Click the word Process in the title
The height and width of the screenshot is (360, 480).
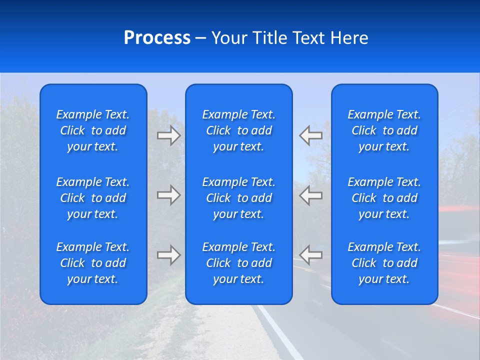(157, 38)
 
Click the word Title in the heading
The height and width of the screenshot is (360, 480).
(268, 38)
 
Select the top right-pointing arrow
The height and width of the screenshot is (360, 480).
(168, 135)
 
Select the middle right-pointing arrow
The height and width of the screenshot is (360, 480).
(168, 195)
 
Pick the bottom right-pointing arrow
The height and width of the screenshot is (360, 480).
(168, 255)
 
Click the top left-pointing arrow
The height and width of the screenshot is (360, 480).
(311, 135)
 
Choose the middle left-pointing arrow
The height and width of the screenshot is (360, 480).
(311, 195)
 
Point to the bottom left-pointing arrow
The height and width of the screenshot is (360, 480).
(311, 255)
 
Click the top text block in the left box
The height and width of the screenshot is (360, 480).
(93, 130)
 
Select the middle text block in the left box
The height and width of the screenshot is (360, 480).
(93, 198)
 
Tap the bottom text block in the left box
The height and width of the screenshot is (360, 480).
(93, 263)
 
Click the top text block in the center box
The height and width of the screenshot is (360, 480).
(239, 130)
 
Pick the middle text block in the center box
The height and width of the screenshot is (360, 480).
(239, 198)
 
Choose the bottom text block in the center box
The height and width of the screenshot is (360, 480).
(239, 263)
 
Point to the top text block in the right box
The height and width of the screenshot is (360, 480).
(384, 130)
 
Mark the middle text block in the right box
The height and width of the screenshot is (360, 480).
(384, 198)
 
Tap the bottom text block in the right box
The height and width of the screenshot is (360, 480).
(384, 263)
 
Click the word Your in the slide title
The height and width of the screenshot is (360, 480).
(229, 38)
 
